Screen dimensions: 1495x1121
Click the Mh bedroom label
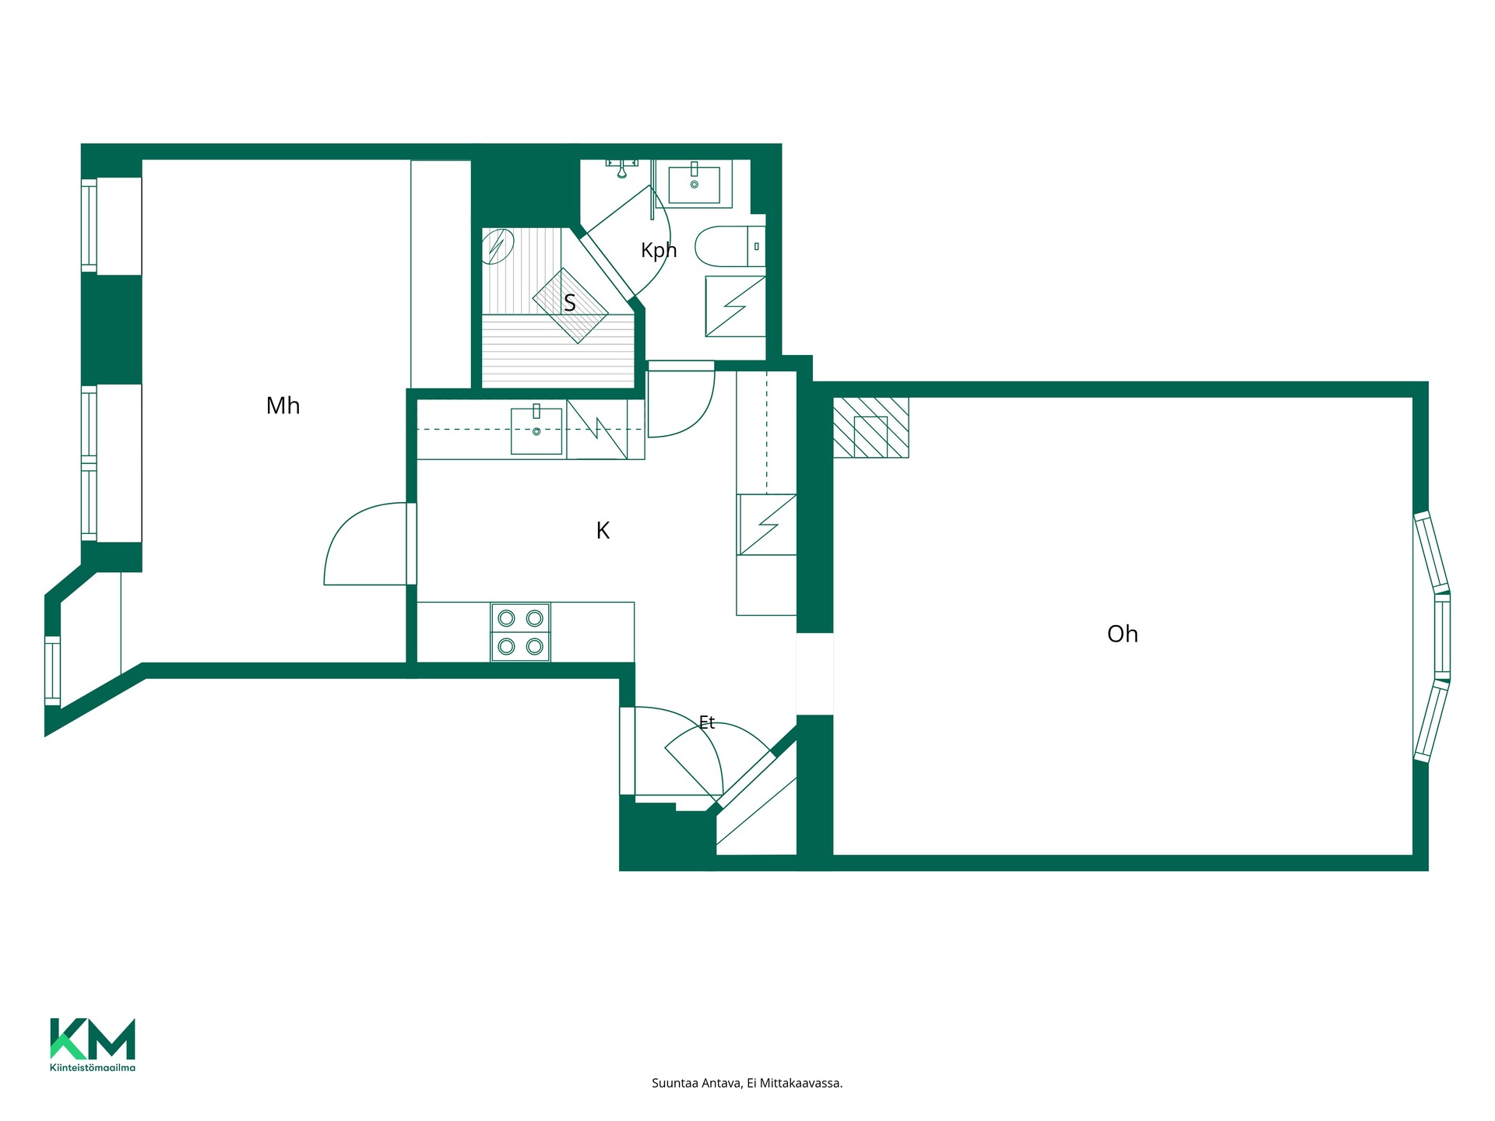283,406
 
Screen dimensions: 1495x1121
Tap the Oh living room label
1122,634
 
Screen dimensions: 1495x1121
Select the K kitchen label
603,530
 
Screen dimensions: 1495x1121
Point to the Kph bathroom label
659,250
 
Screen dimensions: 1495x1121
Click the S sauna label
570,303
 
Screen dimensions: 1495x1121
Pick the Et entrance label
706,722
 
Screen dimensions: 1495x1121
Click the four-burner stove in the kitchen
520,632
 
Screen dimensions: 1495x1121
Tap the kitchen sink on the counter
536,430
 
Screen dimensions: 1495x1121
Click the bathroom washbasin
694,182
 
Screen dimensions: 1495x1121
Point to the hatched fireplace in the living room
871,427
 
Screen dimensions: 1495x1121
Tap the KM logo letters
93,1038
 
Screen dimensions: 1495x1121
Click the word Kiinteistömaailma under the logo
93,1067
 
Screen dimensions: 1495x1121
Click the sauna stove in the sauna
570,306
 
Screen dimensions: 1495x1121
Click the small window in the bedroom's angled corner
52,670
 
